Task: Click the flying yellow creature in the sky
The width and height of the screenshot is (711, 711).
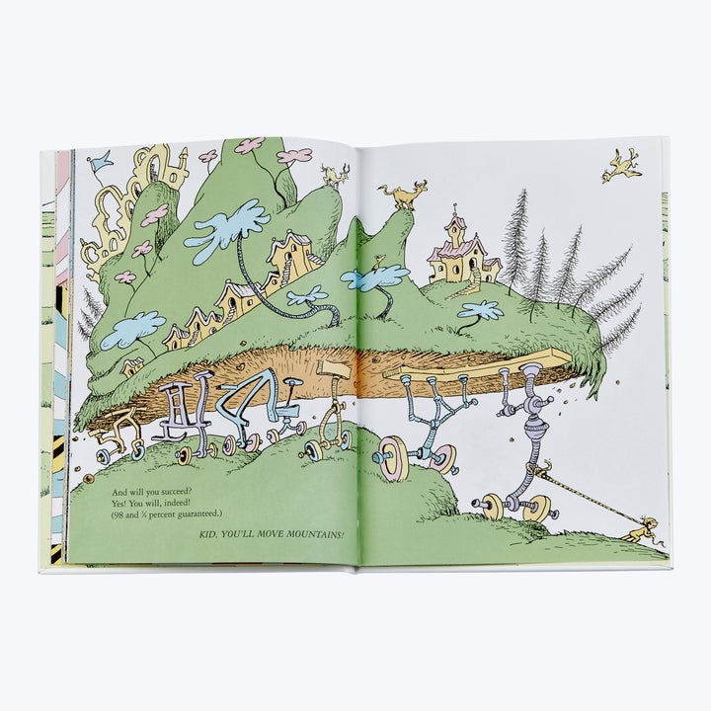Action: click(x=622, y=166)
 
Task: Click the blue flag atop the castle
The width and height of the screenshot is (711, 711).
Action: click(x=100, y=161)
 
